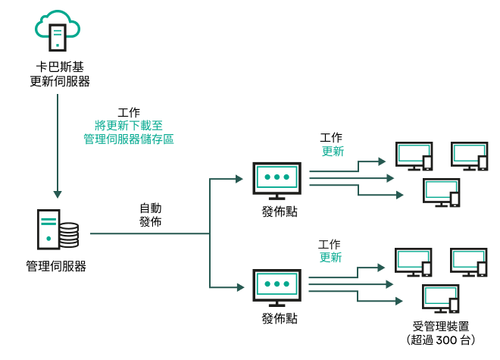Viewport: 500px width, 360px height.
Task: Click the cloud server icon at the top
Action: [x=58, y=29]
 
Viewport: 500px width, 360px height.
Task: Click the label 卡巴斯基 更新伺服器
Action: [x=58, y=74]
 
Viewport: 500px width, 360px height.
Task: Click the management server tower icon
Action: [x=48, y=229]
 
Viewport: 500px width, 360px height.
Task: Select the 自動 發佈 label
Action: [x=150, y=215]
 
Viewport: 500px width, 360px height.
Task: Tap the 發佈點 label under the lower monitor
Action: [x=277, y=318]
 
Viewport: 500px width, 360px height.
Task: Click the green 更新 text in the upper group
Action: [x=331, y=151]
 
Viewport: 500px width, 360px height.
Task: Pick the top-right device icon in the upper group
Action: [x=469, y=155]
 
